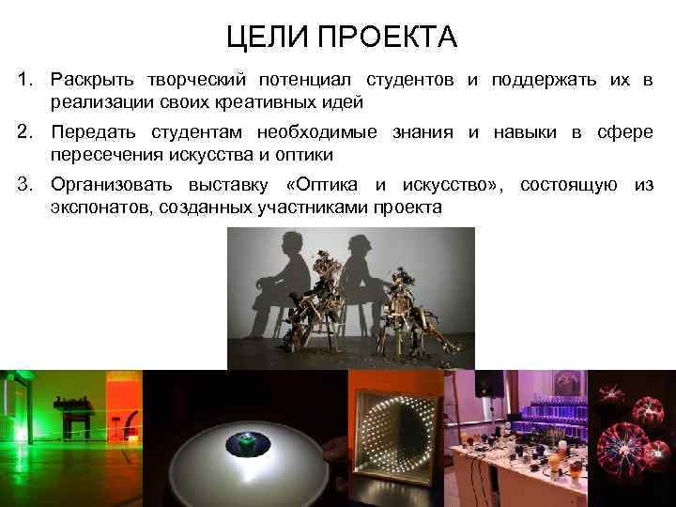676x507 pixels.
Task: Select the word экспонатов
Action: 95,206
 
